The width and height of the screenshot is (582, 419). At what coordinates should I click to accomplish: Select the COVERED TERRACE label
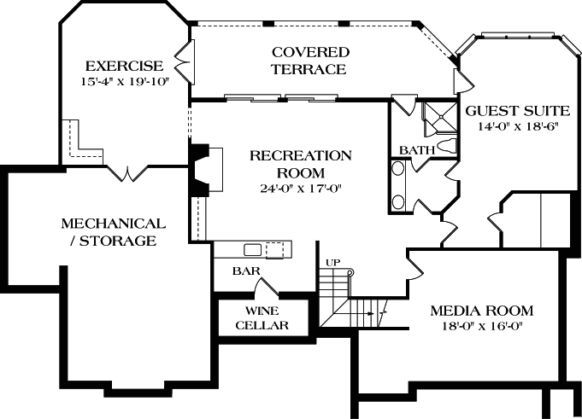pos(309,61)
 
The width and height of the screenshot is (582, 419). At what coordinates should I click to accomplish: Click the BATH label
pos(417,150)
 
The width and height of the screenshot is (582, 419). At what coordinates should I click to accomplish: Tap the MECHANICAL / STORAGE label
pos(113,232)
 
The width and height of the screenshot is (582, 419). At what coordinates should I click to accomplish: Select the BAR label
pos(247,271)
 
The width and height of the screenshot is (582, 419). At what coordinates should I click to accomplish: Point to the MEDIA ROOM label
pos(481,311)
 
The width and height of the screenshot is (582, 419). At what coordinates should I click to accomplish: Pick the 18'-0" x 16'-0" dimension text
pos(481,326)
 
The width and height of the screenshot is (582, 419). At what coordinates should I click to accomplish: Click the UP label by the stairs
pos(332,262)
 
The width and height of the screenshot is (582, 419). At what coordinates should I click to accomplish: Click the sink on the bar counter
pos(253,249)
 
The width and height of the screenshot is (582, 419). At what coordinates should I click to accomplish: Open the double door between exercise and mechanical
pos(129,172)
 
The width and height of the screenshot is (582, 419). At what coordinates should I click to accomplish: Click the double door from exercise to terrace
pos(182,62)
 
